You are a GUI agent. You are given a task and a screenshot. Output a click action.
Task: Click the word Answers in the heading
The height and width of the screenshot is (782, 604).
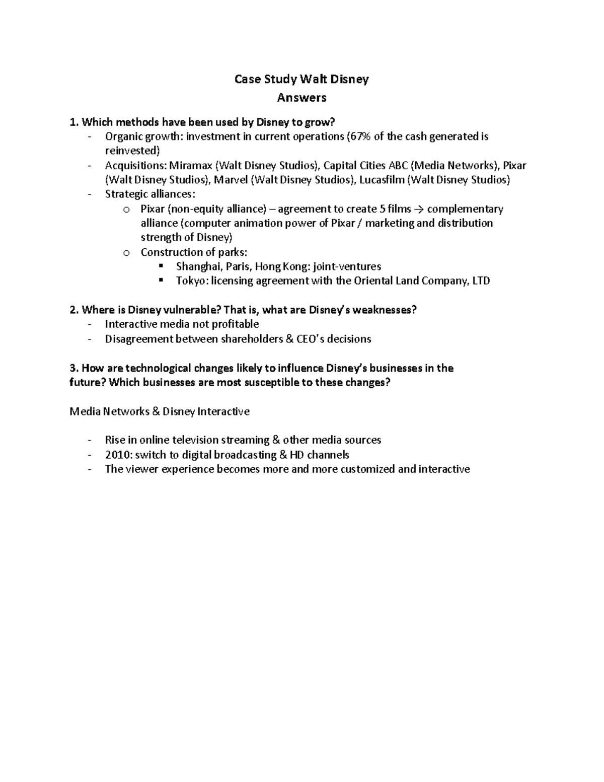point(301,98)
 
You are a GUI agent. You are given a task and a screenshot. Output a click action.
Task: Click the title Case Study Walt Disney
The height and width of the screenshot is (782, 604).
point(301,79)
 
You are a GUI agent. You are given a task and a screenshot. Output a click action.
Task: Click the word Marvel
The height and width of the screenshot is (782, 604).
point(231,180)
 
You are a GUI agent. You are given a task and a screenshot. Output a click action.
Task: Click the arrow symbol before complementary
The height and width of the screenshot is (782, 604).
point(419,209)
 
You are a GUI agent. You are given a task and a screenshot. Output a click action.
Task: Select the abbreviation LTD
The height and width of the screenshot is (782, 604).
point(481,281)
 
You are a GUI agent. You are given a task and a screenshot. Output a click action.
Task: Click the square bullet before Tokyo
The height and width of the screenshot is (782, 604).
point(161,280)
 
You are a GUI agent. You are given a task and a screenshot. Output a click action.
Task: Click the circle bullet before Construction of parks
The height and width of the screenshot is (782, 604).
point(126,253)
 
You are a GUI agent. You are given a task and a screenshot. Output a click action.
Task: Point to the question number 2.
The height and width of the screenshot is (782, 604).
point(73,310)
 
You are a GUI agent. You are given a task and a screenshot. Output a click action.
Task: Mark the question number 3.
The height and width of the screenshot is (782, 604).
point(73,368)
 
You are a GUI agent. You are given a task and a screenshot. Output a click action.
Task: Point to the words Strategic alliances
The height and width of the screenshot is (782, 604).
point(149,194)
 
